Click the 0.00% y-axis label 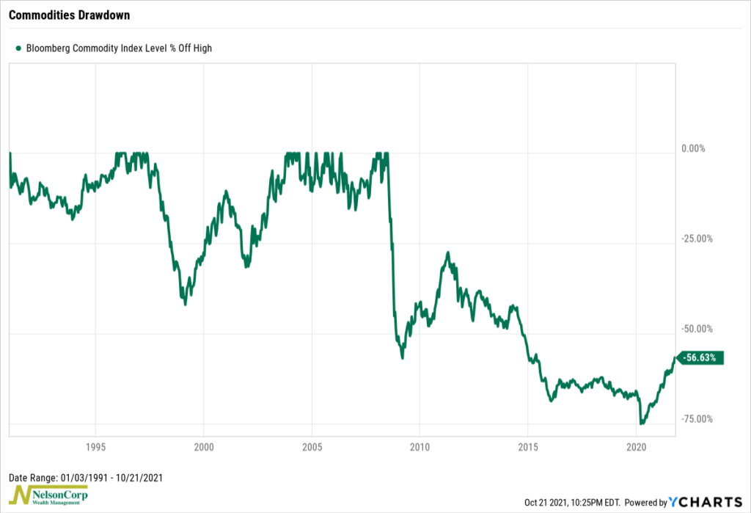(693, 148)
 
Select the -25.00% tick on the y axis (697, 239)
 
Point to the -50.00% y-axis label (697, 329)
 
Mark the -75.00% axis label (697, 419)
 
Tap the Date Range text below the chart (85, 477)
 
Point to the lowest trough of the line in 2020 (642, 423)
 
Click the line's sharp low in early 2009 (402, 357)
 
